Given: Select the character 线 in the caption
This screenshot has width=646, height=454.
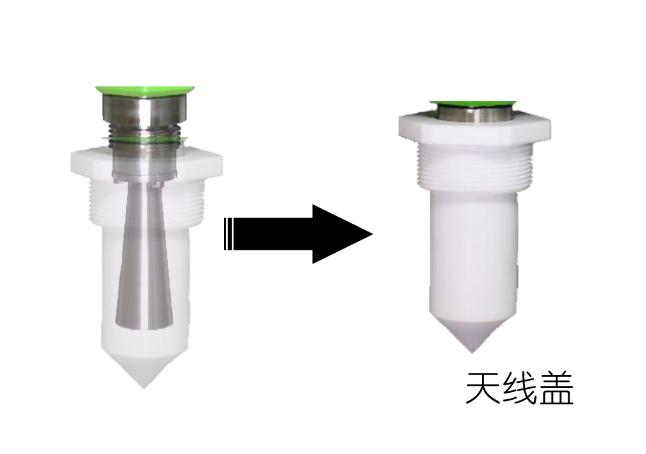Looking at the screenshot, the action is pyautogui.click(x=519, y=388).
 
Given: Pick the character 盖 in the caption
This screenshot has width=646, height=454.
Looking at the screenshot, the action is pyautogui.click(x=556, y=388).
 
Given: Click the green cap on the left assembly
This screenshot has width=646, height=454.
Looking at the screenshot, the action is pyautogui.click(x=145, y=91).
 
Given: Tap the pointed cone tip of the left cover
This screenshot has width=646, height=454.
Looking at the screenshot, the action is pyautogui.click(x=144, y=387).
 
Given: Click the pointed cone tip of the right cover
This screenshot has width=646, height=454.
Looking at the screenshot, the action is pyautogui.click(x=472, y=351).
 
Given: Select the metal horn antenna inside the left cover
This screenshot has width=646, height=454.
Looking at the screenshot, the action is pyautogui.click(x=144, y=255).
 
